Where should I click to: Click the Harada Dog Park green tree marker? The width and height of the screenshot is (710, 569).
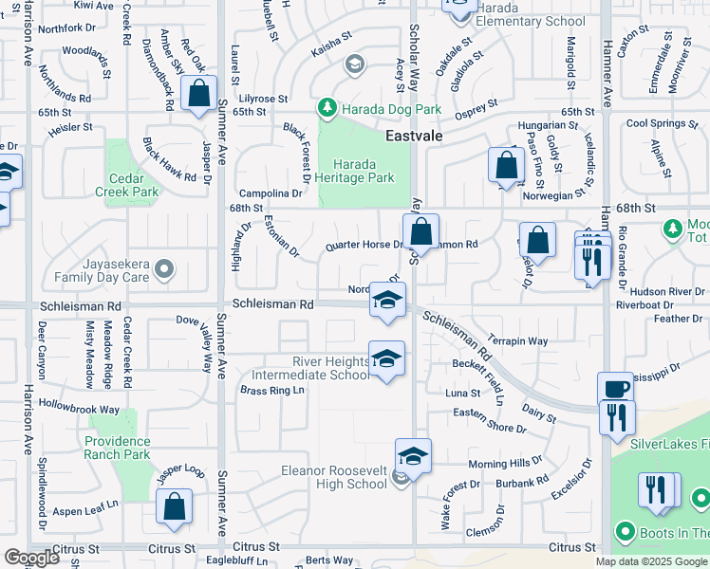click(327, 107)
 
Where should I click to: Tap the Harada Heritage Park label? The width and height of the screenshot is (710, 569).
click(357, 170)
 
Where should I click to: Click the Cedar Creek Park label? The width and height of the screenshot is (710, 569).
click(133, 184)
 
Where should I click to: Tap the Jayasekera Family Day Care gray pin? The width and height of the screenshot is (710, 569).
click(164, 269)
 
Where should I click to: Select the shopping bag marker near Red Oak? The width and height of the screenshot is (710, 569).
click(198, 95)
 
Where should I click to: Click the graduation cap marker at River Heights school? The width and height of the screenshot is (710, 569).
click(386, 359)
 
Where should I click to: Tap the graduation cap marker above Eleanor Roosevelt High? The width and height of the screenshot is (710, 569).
click(413, 456)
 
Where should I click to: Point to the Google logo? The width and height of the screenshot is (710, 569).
click(31, 557)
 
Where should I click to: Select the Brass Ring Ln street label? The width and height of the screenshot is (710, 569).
click(271, 390)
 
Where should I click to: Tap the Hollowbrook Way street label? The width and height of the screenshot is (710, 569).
click(80, 409)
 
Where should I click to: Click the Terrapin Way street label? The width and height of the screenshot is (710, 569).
click(517, 340)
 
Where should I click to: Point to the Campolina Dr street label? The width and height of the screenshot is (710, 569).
click(271, 193)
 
